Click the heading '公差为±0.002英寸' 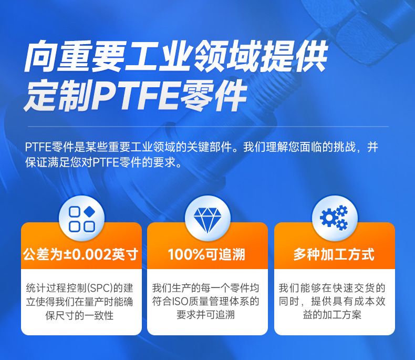[81, 255]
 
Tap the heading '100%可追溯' [207, 255]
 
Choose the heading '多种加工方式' [334, 255]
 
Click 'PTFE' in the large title [137, 95]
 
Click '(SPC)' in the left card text [101, 288]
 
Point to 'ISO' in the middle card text [202, 302]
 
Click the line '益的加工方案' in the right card [334, 315]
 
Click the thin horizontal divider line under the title [207, 127]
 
